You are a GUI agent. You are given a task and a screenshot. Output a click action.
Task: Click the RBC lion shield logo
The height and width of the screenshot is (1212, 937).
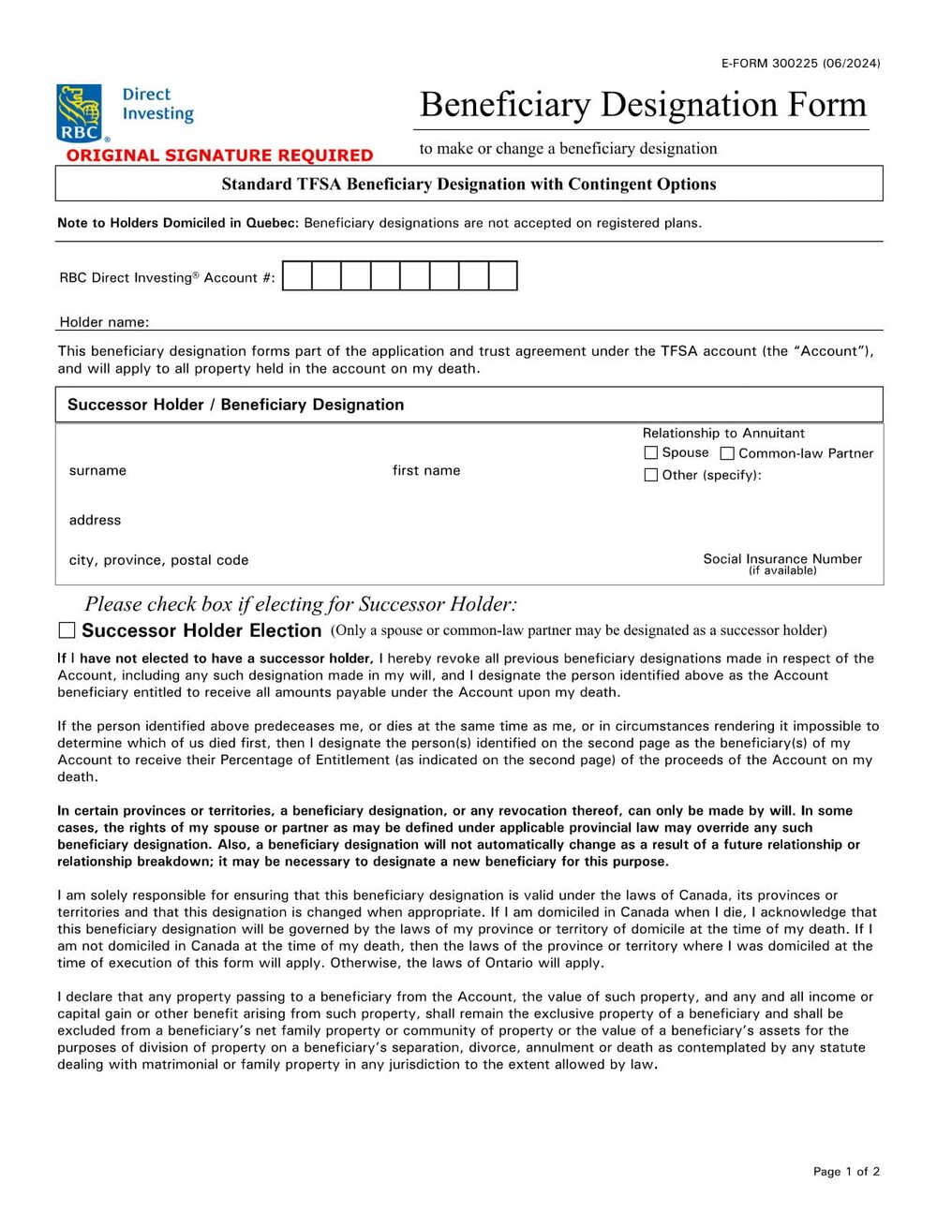click(79, 112)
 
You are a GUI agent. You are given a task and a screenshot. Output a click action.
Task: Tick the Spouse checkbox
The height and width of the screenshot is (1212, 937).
click(651, 452)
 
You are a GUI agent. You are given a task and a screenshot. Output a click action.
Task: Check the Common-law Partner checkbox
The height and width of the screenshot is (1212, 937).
click(727, 453)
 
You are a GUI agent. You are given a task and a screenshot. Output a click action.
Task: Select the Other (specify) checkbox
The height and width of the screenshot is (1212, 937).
click(651, 475)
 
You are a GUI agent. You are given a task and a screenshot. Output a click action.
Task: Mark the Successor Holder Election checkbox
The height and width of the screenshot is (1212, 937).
click(67, 630)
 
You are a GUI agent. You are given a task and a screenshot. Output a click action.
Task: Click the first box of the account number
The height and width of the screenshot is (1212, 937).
click(297, 276)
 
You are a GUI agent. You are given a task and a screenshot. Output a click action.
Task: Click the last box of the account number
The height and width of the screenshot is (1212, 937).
click(503, 276)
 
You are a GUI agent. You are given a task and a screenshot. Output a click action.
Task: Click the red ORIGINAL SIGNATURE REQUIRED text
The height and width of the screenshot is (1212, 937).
click(220, 155)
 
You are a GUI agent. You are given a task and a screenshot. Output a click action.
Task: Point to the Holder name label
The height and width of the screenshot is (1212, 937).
click(104, 322)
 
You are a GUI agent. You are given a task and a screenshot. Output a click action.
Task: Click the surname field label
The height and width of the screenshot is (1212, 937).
click(97, 470)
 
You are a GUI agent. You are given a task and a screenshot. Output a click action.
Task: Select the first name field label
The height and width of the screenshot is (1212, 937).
click(426, 470)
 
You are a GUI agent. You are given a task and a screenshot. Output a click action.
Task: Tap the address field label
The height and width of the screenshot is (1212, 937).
click(95, 520)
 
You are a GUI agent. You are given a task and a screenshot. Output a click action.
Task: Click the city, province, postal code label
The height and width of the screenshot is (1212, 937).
click(158, 560)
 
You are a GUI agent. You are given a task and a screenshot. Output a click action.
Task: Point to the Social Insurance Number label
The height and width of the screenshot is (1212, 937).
click(782, 559)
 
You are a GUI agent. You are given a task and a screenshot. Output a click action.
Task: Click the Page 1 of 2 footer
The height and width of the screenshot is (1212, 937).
click(846, 1171)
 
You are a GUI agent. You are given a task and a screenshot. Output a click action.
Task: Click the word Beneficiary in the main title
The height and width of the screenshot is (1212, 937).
click(504, 104)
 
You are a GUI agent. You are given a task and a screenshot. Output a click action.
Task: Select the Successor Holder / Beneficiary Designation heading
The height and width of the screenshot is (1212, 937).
click(235, 405)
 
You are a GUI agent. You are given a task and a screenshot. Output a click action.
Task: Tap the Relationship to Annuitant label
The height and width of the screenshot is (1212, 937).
click(723, 433)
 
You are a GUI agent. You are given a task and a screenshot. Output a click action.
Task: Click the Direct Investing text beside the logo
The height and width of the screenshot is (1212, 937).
click(157, 104)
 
